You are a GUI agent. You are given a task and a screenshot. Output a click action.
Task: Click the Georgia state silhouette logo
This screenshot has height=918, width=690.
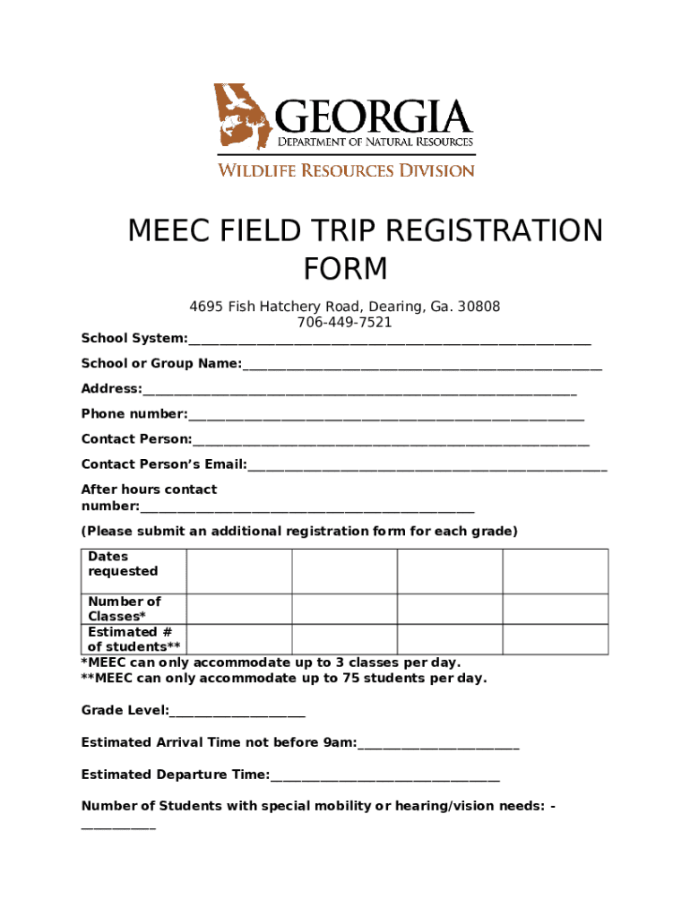pyautogui.click(x=241, y=117)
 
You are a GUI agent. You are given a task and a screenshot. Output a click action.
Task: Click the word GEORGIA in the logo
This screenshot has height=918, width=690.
pyautogui.click(x=374, y=117)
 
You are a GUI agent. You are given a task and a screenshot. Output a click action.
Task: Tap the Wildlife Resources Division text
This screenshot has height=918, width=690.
pyautogui.click(x=346, y=169)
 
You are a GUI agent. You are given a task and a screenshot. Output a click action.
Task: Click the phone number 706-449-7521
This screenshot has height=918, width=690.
pyautogui.click(x=345, y=323)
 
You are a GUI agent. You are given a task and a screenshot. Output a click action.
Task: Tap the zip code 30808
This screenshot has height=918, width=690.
pyautogui.click(x=479, y=307)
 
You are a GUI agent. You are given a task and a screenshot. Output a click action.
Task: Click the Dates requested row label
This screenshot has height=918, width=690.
pyautogui.click(x=123, y=564)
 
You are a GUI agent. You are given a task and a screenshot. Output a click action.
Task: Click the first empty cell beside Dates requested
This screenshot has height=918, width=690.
pyautogui.click(x=239, y=571)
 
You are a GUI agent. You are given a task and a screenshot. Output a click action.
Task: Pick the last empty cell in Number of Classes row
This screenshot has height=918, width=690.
pyautogui.click(x=555, y=609)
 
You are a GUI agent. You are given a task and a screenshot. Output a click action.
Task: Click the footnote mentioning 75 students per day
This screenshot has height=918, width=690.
pyautogui.click(x=284, y=678)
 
